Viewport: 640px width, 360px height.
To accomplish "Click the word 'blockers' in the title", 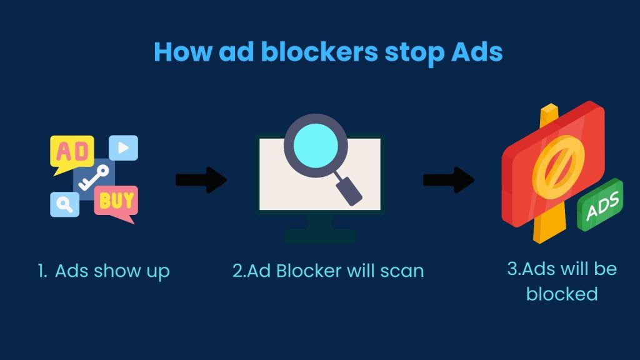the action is tap(319, 52).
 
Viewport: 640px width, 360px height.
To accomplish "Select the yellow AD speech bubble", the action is tap(71, 153).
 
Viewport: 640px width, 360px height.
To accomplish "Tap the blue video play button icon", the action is tap(123, 147).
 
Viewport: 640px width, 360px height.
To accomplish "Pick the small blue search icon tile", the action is tap(64, 204).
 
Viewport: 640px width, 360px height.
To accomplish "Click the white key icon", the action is tap(94, 177).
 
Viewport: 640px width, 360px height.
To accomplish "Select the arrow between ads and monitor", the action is tap(201, 179).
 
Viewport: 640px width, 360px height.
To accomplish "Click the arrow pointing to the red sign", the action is tap(449, 179).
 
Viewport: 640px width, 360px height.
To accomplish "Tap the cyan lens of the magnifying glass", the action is tap(316, 145).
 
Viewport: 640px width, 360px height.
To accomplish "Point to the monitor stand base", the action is tap(320, 236).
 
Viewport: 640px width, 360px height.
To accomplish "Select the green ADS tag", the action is tap(600, 205).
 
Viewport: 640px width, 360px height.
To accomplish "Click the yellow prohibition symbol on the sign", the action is tap(558, 167).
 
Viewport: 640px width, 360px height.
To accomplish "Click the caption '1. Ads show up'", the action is tap(104, 271).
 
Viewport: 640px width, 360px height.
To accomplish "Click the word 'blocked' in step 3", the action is tap(562, 294).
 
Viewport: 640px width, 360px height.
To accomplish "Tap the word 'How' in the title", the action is tap(183, 52).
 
